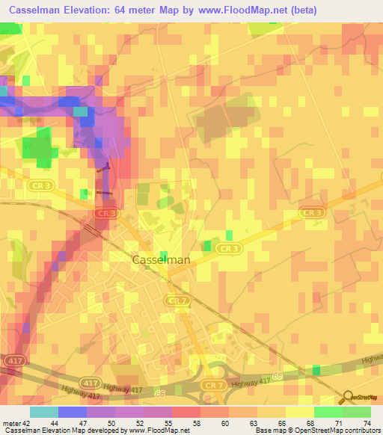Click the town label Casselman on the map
pyautogui.click(x=161, y=260)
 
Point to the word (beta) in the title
pyautogui.click(x=304, y=10)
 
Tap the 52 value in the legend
pyautogui.click(x=140, y=424)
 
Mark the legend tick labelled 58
pyautogui.click(x=197, y=424)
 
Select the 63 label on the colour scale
pyautogui.click(x=254, y=424)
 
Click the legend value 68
pyautogui.click(x=310, y=424)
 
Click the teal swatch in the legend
pyautogui.click(x=43, y=412)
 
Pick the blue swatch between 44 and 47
pyautogui.click(x=72, y=412)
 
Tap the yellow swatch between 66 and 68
pyautogui.click(x=299, y=412)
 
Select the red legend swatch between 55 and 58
pyautogui.click(x=186, y=412)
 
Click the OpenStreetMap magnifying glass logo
pyautogui.click(x=349, y=397)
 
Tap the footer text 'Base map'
pyautogui.click(x=270, y=431)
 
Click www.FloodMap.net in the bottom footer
pyautogui.click(x=159, y=431)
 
